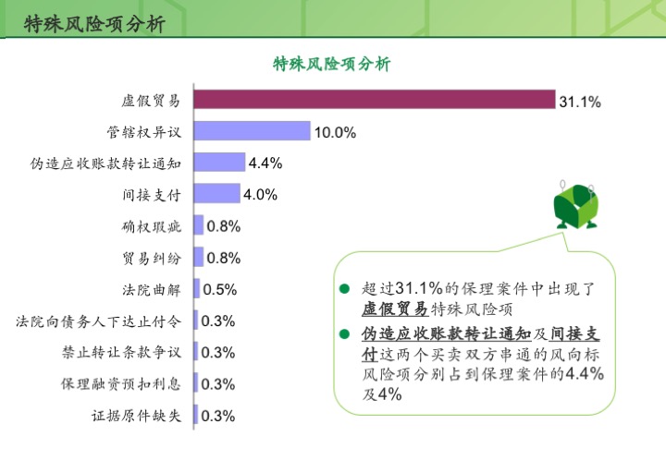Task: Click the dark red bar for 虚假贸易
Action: point(375,99)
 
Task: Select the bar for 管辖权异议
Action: point(253,130)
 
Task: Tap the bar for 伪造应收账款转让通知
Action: point(219,162)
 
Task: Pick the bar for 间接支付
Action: point(217,193)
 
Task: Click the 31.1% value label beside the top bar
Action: point(580,102)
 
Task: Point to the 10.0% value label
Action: point(335,133)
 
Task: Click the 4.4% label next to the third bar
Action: point(265,163)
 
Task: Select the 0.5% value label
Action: point(219,289)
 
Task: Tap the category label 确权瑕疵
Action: point(152,227)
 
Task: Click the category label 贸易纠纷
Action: point(152,259)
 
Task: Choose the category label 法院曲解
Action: point(152,290)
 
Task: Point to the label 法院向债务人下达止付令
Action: point(99,321)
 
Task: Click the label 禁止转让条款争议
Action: point(121,352)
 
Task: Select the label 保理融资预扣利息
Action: point(121,384)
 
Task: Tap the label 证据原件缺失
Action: point(136,416)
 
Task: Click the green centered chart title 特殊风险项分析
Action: point(332,64)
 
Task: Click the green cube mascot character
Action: point(576,206)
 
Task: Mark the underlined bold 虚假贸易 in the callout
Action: point(395,309)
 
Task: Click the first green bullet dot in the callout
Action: point(344,289)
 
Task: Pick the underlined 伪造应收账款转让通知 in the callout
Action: point(447,333)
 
